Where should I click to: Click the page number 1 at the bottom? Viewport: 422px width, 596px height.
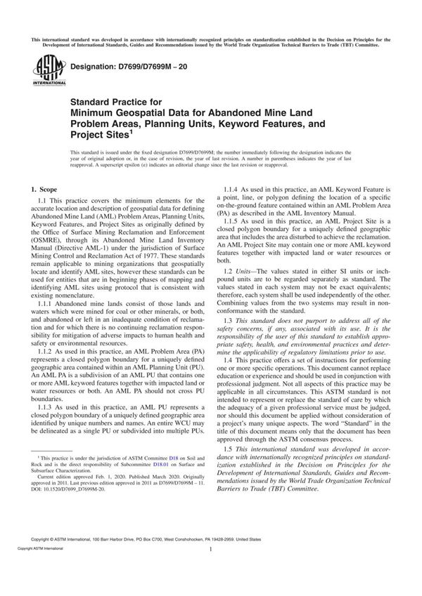point(211,569)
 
